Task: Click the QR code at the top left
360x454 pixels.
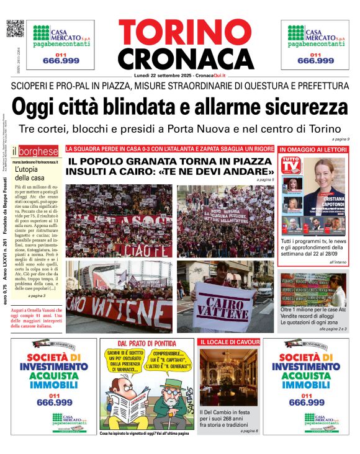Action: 14,29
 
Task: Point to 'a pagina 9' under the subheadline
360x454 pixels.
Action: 339,139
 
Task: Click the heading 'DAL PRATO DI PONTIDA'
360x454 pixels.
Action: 146,344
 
